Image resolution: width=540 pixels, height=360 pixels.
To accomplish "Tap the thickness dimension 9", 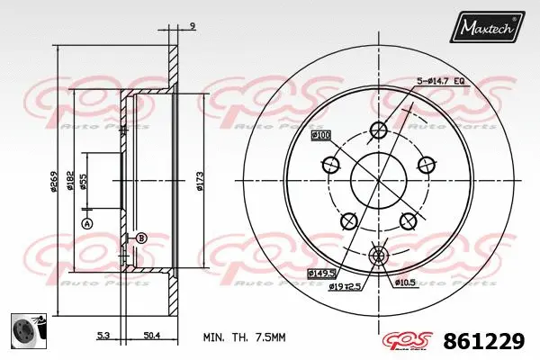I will (193, 27).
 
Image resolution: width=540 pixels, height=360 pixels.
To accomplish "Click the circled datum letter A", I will (87, 223).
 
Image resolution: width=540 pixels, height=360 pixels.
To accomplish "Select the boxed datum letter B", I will (140, 238).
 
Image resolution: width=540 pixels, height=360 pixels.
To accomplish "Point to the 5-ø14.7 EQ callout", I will (440, 82).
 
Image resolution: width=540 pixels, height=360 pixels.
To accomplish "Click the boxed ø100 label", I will (320, 135).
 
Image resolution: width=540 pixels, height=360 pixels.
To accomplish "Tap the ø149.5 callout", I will (320, 272).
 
